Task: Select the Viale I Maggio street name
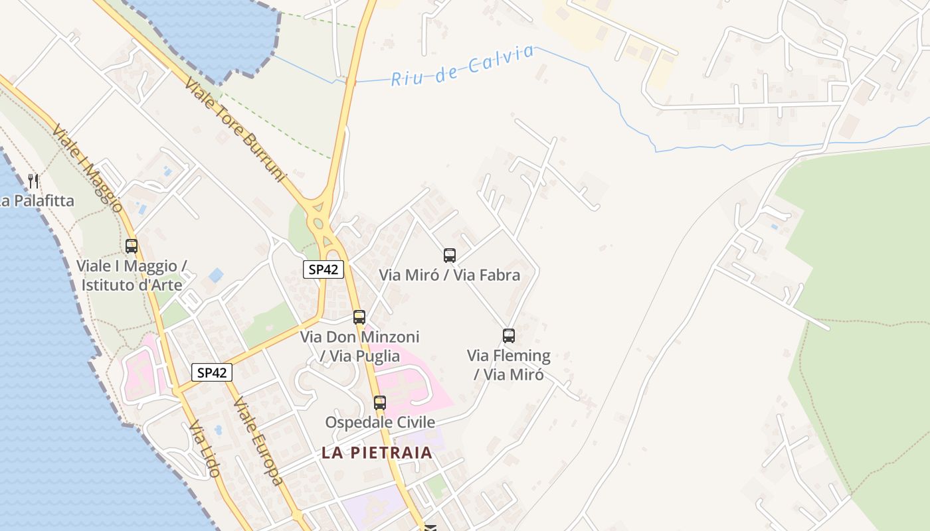[x=87, y=168]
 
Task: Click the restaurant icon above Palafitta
[x=33, y=181]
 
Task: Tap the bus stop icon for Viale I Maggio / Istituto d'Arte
[x=132, y=246]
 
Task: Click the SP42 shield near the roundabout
[x=324, y=269]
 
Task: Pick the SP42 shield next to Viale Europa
[x=213, y=372]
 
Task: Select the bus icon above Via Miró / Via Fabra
[x=450, y=256]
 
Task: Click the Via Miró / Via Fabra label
[x=449, y=275]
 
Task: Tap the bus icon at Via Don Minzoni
[x=359, y=317]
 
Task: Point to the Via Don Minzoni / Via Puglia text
[x=360, y=346]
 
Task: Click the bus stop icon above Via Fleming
[x=509, y=336]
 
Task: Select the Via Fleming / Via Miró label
[x=509, y=365]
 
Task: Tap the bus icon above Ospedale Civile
[x=380, y=403]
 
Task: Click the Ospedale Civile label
[x=380, y=422]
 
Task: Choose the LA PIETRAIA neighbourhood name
[x=377, y=453]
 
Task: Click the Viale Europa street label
[x=258, y=441]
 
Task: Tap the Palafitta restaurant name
[x=37, y=200]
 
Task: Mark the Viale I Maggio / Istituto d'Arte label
[x=132, y=275]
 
